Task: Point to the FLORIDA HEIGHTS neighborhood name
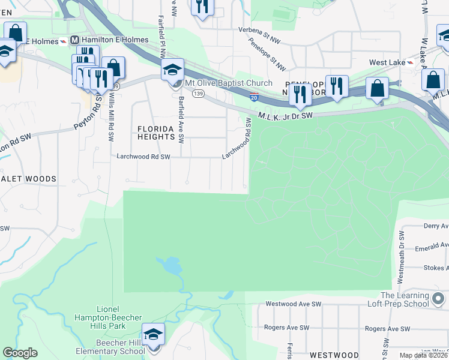point(155,133)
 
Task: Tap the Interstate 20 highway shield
point(254,97)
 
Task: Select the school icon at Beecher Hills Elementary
point(154,335)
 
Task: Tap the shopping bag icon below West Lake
point(378,88)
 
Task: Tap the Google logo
point(20,353)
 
